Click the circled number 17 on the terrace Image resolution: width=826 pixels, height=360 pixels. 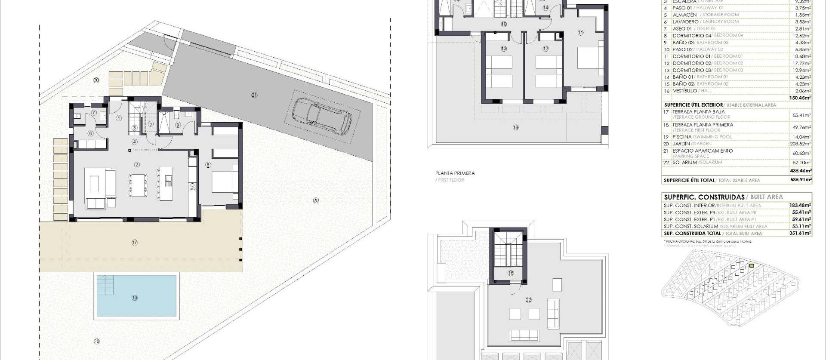point(135,243)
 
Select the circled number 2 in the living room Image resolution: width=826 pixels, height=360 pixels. point(137,164)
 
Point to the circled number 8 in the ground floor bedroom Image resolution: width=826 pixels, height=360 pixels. point(208,164)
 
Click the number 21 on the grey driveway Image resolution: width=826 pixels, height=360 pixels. point(254,95)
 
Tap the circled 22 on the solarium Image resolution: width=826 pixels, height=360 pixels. point(529,300)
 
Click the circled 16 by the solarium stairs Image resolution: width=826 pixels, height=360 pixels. point(511,273)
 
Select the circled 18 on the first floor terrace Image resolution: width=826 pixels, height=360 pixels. point(515,127)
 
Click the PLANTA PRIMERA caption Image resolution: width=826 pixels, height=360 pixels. point(455,173)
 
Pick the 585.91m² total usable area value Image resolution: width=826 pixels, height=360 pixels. point(801,180)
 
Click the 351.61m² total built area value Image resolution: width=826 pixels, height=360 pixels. point(801,233)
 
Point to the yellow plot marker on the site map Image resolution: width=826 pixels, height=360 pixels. point(752,266)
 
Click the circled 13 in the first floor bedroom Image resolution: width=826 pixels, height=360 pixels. point(504,49)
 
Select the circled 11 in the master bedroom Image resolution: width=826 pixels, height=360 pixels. point(580,32)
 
